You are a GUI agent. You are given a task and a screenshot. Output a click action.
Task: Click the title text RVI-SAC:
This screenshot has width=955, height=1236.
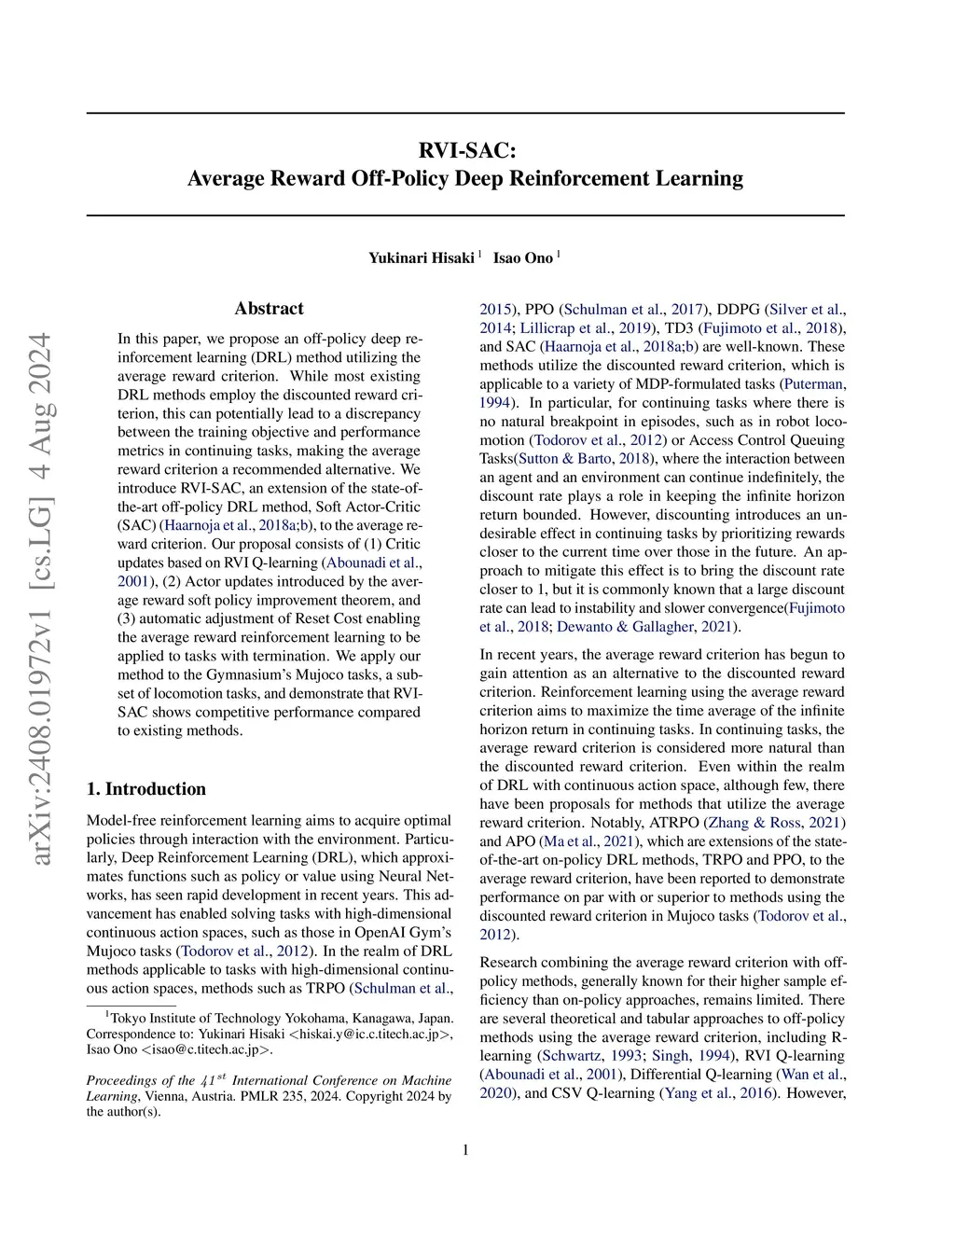pos(465,150)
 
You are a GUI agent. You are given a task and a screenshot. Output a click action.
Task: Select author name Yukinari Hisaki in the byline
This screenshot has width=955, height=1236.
pos(421,258)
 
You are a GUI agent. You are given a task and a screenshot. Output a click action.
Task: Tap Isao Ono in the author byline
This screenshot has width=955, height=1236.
pos(522,258)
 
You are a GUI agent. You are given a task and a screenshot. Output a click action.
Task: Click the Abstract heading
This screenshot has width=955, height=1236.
pos(269,309)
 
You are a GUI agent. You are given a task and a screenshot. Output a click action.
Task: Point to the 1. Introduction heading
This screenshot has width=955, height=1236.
pos(146,789)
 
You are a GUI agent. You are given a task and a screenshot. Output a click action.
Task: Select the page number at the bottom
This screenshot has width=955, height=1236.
pos(465,1150)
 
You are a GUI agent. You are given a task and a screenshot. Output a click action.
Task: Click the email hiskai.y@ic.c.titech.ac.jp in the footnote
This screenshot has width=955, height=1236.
pos(369,1034)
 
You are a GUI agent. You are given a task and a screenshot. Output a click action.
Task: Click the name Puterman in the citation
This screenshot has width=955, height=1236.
pos(813,384)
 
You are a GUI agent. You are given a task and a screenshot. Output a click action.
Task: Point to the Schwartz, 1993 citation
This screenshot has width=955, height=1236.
pos(591,1056)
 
